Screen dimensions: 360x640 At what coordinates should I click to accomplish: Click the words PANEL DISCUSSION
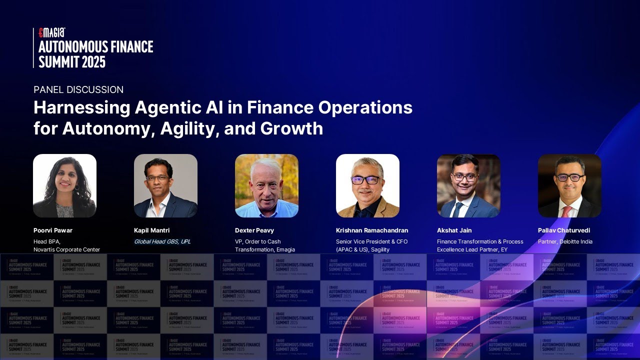click(78, 90)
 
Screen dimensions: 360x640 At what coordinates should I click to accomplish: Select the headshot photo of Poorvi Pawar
click(64, 185)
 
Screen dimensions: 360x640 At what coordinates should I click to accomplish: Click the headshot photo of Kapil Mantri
click(165, 185)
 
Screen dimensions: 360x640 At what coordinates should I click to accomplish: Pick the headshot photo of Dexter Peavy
click(266, 185)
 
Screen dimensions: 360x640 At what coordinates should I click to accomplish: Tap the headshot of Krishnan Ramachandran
click(367, 185)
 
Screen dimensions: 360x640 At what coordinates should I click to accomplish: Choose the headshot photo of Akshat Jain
click(468, 185)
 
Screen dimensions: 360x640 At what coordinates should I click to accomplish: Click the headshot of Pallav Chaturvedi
click(569, 185)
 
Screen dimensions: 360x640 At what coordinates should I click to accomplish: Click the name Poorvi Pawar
click(53, 230)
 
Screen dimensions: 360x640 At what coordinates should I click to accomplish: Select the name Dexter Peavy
click(254, 230)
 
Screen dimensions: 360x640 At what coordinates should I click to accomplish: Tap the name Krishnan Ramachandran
click(372, 230)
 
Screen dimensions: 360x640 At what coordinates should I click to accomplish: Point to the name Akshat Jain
click(454, 230)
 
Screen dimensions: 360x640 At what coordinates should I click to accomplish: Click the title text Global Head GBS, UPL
click(162, 241)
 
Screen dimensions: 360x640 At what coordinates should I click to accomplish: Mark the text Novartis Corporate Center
click(66, 249)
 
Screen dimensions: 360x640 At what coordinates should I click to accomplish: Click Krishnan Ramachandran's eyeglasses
click(365, 180)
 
